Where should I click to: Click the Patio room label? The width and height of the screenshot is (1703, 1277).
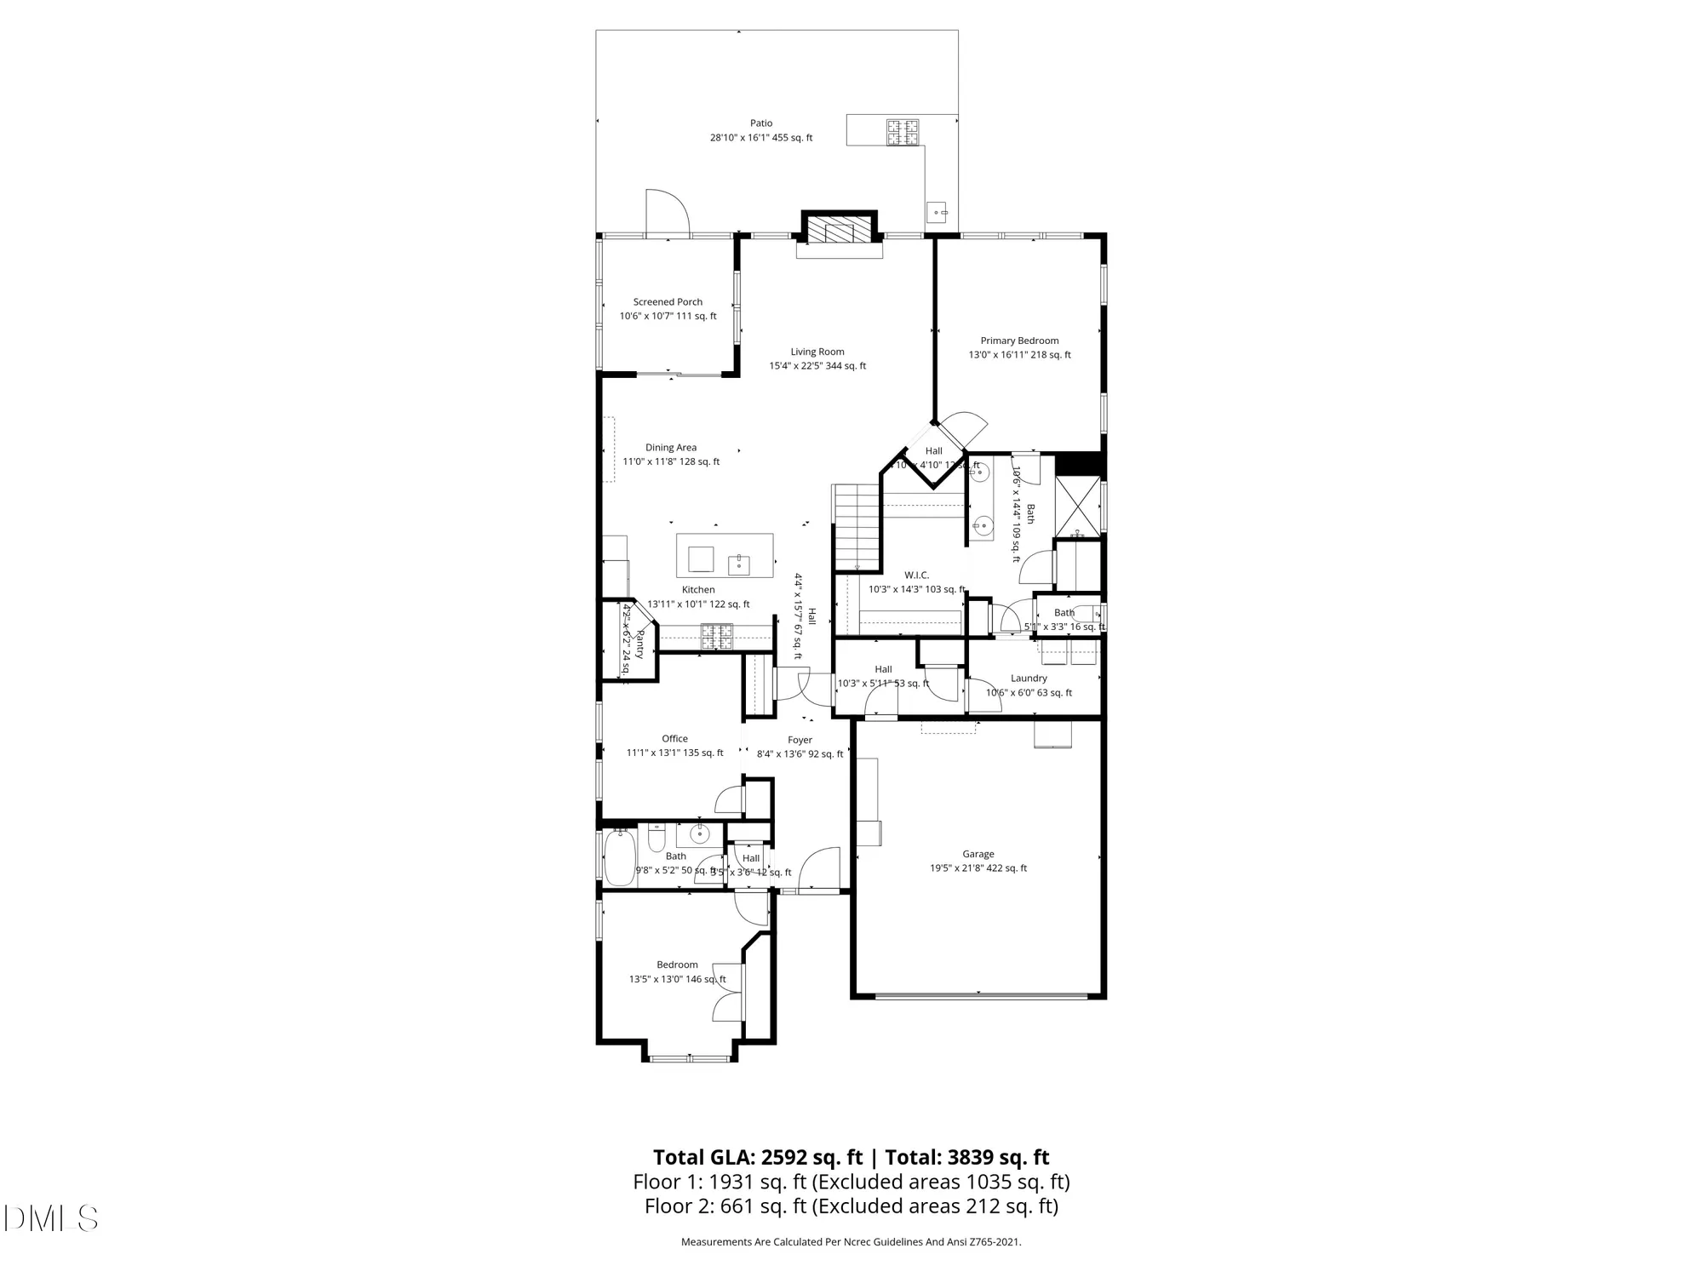(x=761, y=123)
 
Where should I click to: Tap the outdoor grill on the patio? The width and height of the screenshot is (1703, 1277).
(x=903, y=131)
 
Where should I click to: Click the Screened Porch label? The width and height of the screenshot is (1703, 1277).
(x=668, y=302)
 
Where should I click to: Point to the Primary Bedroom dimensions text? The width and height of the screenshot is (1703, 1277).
(x=1019, y=355)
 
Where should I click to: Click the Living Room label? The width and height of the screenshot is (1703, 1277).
(x=817, y=352)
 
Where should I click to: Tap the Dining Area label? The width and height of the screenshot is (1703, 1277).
(x=671, y=448)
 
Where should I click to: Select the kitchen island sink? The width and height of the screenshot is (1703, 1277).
(x=738, y=564)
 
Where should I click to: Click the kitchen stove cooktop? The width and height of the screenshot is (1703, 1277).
(x=716, y=637)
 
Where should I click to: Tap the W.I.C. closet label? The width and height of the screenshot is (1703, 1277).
(x=916, y=576)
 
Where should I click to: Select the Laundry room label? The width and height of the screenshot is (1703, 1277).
(x=1029, y=679)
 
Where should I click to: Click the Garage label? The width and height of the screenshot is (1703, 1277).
(x=978, y=854)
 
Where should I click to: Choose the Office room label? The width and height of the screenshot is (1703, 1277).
(x=674, y=739)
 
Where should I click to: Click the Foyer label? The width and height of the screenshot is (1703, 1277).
(x=800, y=741)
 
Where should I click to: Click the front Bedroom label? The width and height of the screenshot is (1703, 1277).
(x=677, y=965)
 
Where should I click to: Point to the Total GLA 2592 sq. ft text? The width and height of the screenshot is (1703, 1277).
(x=758, y=1158)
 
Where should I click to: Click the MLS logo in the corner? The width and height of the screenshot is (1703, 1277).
(x=51, y=1218)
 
